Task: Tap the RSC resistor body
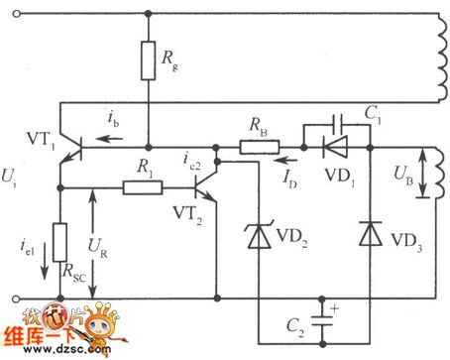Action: [60, 244]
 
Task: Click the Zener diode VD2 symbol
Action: [257, 235]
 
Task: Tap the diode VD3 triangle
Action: [370, 233]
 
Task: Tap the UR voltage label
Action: [106, 244]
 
